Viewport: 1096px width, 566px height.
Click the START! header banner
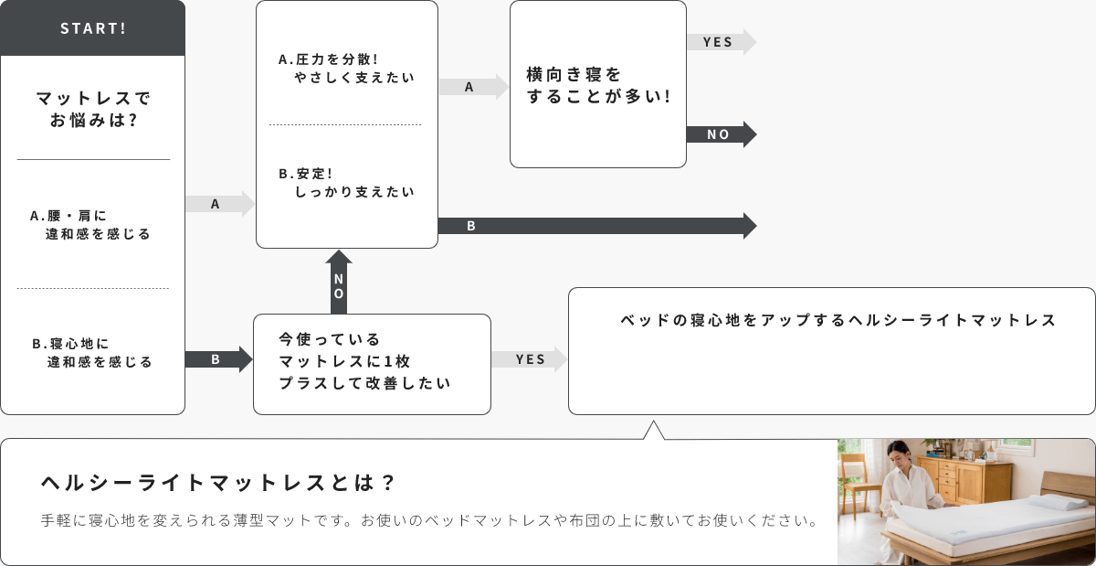92,28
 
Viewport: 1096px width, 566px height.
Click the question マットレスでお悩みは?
93,110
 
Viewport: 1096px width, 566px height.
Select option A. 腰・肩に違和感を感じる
90,225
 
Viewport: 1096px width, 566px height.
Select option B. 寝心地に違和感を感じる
92,353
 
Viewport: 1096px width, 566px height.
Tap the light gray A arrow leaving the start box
220,204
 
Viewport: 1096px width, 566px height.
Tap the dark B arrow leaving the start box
218,359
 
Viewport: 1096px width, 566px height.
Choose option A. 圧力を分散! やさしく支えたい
346,68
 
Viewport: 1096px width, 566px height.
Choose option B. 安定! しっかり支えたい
346,183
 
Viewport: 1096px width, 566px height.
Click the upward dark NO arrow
339,283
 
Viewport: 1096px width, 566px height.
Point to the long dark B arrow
597,226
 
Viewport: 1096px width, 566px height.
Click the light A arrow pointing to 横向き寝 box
474,87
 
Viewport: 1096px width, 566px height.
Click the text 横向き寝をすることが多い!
598,85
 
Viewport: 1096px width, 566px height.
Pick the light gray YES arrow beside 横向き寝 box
722,42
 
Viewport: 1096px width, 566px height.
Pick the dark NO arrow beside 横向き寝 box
722,134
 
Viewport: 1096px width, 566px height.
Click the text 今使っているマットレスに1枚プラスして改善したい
364,361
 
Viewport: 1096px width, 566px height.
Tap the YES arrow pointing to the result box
530,359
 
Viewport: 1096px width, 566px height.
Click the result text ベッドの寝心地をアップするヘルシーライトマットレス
838,320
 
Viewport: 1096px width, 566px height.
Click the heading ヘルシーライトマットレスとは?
217,483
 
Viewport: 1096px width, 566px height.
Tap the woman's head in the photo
899,452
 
